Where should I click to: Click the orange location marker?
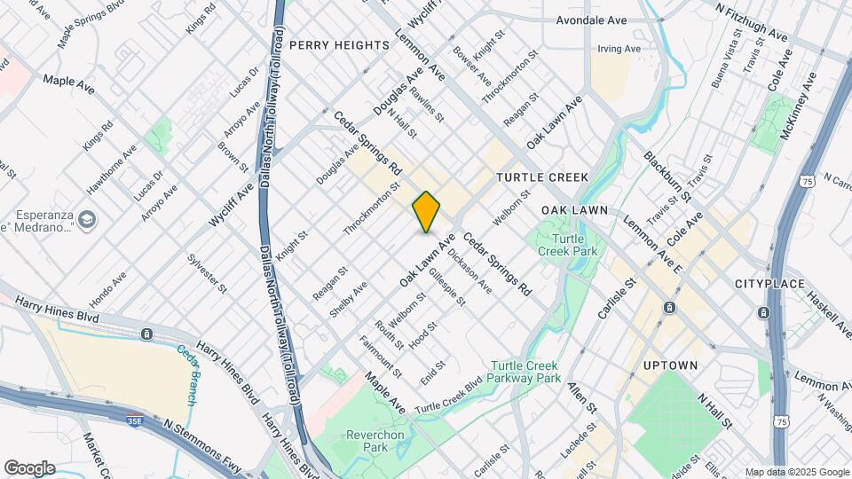(426, 212)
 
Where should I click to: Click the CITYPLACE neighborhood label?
(769, 284)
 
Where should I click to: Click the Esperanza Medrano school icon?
(87, 219)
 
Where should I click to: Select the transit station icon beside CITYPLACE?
(763, 313)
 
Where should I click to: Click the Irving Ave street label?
(619, 49)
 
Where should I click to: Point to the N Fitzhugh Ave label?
(751, 20)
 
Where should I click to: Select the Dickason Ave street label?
(469, 270)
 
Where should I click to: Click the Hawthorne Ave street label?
(111, 169)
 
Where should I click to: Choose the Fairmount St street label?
(381, 354)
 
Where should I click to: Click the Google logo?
(29, 468)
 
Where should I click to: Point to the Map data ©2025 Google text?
(796, 472)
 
